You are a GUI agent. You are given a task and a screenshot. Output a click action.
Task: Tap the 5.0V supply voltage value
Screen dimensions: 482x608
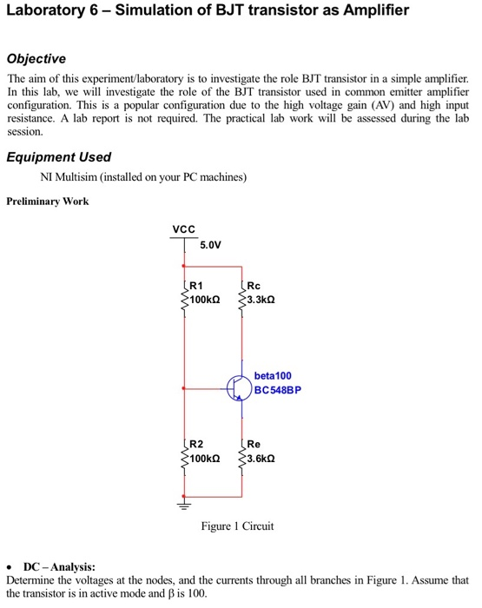pos(211,245)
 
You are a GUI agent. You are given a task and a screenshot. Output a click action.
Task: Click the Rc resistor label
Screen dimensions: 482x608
pos(254,284)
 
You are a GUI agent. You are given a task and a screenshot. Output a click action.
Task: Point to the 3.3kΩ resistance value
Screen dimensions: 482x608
pos(262,298)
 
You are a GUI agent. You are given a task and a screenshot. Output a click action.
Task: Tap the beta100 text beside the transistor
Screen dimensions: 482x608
pos(273,375)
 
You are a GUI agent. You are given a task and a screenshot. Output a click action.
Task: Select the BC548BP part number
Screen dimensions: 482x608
pos(279,390)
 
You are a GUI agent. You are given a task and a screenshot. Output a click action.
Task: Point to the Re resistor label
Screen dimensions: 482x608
pos(254,443)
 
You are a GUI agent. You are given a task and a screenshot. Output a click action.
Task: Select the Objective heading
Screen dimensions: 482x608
pos(36,59)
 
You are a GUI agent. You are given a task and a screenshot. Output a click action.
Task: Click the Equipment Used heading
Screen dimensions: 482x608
pos(58,157)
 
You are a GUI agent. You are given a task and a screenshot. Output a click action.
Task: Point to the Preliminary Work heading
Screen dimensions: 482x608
pos(47,202)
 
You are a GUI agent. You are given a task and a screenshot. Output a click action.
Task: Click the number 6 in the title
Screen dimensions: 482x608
pos(89,12)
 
